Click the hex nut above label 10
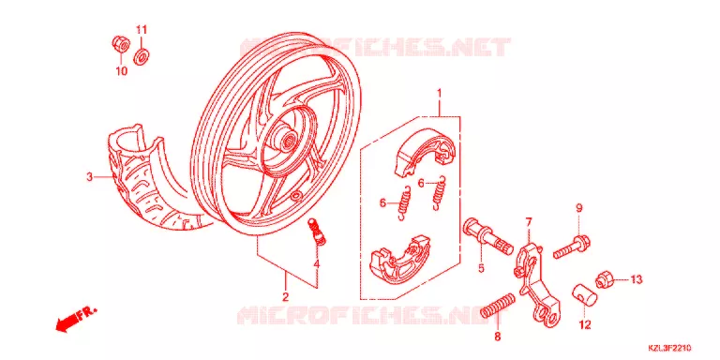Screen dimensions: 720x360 (x=121, y=45)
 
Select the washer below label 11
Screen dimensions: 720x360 (x=142, y=57)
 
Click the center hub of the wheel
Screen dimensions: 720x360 (x=289, y=139)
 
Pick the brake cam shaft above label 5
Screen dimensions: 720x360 (x=488, y=237)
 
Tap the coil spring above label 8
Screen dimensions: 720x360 (x=498, y=306)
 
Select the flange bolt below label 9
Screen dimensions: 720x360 (x=571, y=247)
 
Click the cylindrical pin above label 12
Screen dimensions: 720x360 (x=584, y=294)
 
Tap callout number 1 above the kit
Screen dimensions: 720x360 (x=439, y=93)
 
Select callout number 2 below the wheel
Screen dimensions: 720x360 (x=285, y=296)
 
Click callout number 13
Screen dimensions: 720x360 (x=636, y=279)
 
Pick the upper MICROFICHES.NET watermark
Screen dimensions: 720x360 (x=375, y=47)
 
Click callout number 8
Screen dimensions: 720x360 (x=497, y=337)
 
